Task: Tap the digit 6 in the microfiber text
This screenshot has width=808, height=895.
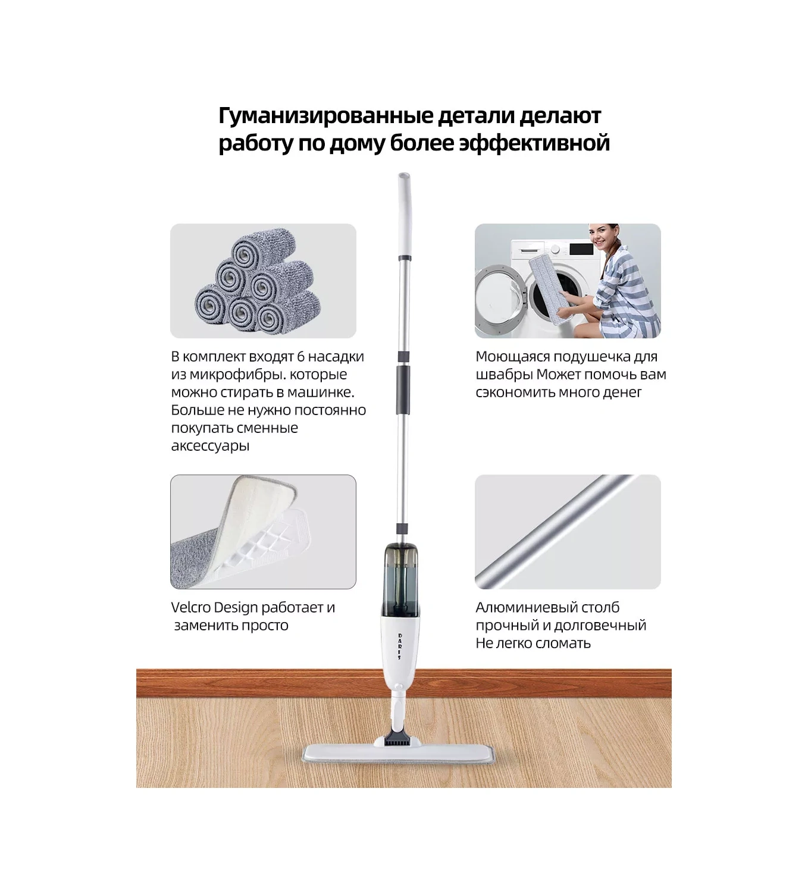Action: click(300, 357)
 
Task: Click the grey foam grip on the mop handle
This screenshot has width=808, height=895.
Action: click(403, 390)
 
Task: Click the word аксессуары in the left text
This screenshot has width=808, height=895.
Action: click(210, 446)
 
